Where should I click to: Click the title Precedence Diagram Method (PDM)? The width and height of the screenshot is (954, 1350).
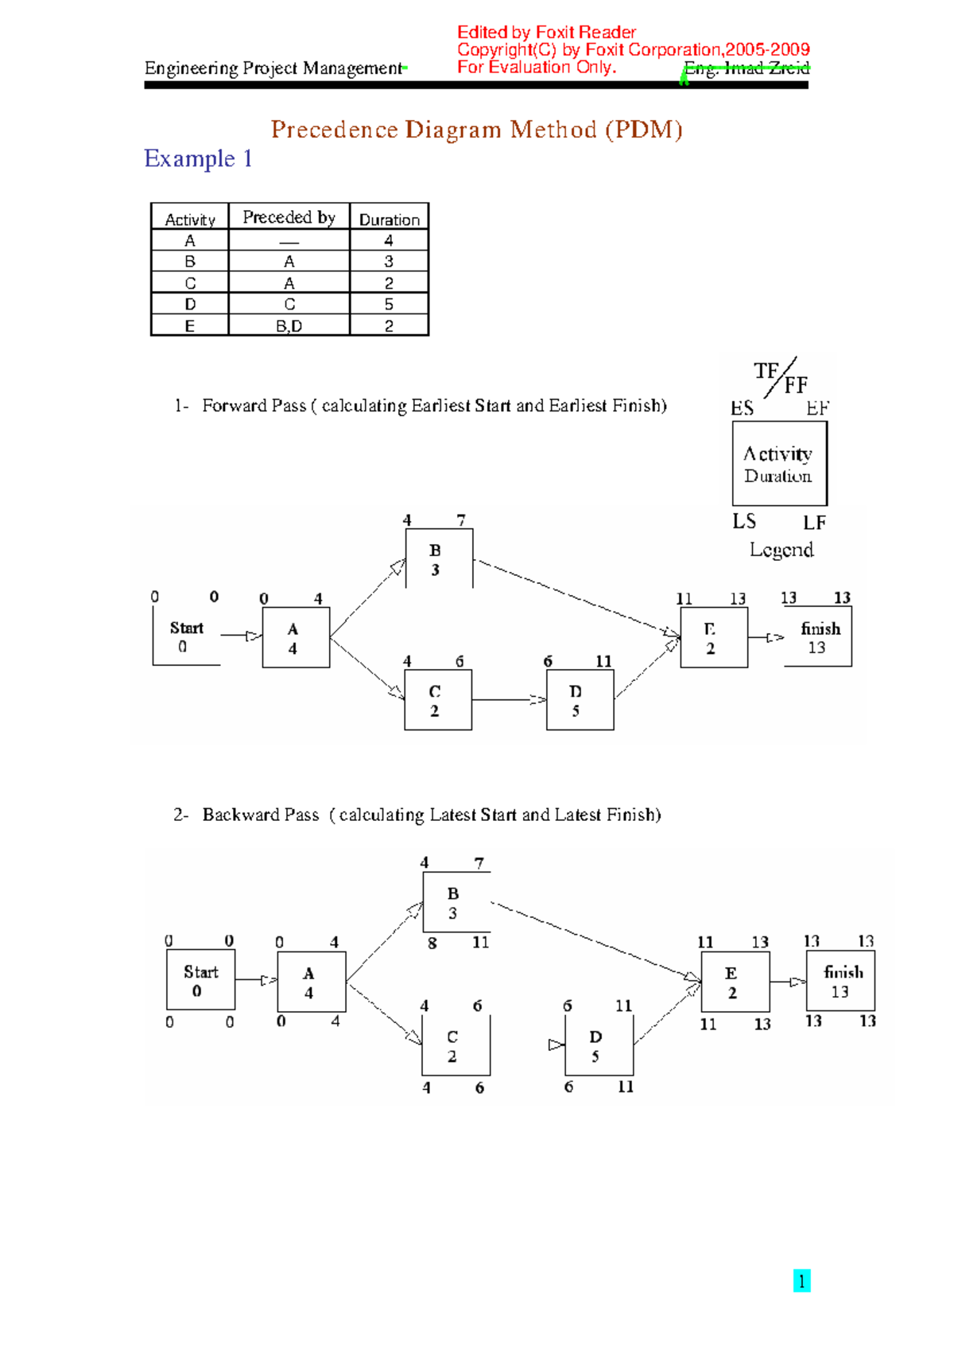476,129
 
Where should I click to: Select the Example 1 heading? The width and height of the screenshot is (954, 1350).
198,158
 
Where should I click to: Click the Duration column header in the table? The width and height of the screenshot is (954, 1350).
389,219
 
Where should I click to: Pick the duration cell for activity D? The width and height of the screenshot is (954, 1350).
389,304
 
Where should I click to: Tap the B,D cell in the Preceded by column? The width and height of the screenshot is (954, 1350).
289,325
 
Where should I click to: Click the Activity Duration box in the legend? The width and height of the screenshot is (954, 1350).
779,464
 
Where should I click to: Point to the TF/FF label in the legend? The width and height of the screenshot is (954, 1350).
781,378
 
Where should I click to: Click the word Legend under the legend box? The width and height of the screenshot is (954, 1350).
781,550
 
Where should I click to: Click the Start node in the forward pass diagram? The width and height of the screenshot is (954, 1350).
187,636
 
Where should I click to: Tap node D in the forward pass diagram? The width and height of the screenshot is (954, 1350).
580,700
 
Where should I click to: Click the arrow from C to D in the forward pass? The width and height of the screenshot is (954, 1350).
509,700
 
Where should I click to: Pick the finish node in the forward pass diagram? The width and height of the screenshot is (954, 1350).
819,637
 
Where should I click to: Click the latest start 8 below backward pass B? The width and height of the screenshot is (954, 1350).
432,943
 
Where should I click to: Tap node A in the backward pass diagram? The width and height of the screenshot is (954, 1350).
311,982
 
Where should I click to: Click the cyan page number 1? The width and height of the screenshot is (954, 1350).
801,1281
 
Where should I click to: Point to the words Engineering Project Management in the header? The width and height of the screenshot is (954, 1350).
273,68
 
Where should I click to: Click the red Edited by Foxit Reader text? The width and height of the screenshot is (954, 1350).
546,33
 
